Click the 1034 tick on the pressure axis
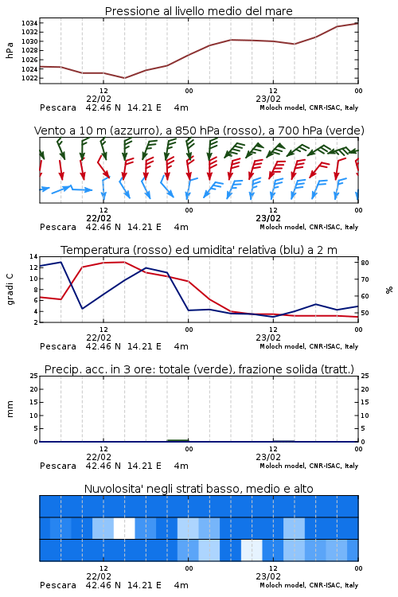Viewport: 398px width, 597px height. pos(29,23)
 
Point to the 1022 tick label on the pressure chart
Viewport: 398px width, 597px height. pos(29,78)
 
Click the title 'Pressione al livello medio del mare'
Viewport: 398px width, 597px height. pos(199,11)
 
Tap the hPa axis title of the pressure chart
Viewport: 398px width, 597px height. pos(10,51)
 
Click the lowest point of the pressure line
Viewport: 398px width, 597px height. pos(124,78)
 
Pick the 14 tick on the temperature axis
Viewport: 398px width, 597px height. pos(34,256)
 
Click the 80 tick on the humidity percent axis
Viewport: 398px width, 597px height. pos(365,263)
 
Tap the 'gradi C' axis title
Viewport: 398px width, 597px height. pos(10,289)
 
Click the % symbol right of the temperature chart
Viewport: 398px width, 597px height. pos(389,290)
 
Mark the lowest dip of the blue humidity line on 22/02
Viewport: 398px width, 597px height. pos(82,308)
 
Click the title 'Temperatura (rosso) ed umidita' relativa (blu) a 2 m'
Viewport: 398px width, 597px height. pos(199,250)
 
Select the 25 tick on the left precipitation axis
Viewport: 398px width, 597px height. pos(34,376)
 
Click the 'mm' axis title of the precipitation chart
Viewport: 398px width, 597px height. pos(10,409)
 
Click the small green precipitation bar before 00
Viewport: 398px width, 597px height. pos(178,440)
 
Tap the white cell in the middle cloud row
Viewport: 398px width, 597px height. pos(124,528)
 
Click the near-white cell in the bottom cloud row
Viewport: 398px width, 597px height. pos(252,550)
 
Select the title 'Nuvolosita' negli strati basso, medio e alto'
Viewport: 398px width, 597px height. pos(199,489)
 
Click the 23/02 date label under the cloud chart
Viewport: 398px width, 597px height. pos(268,576)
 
